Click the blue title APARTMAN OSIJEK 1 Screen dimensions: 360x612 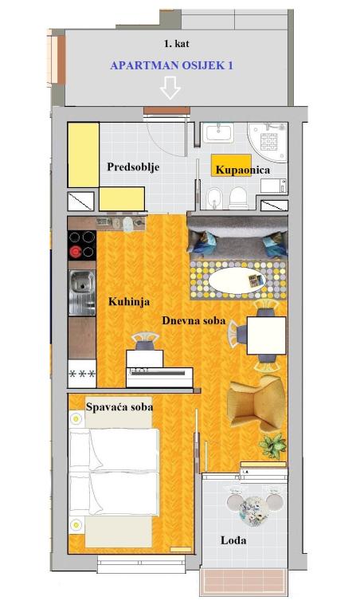click(171, 65)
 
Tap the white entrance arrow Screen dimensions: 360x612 click(170, 87)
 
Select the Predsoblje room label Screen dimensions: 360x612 click(133, 167)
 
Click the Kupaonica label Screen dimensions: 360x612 click(243, 170)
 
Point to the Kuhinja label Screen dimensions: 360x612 click(129, 302)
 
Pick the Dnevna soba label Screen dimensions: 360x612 click(194, 321)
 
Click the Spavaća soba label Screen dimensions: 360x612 click(119, 407)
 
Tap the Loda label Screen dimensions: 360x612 click(233, 540)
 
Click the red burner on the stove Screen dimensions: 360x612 click(76, 253)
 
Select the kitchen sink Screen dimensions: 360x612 click(82, 292)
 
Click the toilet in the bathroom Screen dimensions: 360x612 click(238, 198)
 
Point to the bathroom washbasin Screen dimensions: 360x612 click(218, 132)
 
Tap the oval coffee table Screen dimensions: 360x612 click(237, 280)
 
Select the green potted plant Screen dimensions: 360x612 click(272, 445)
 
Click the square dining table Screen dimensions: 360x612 click(266, 335)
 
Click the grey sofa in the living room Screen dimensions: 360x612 click(237, 237)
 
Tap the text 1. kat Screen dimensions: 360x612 click(177, 44)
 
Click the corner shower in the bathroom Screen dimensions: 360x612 click(268, 142)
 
